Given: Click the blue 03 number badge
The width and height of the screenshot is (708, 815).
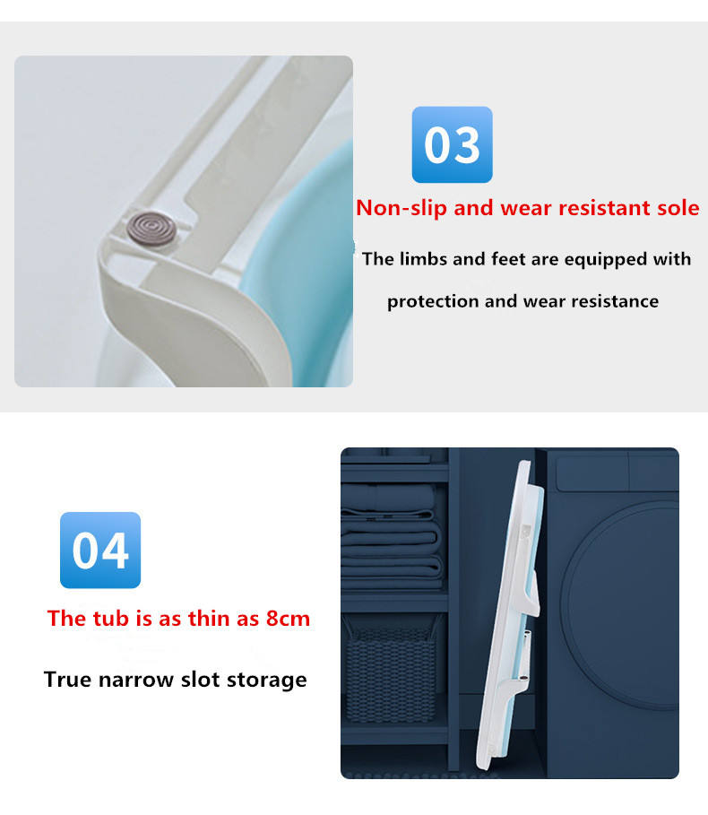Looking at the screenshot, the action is [452, 144].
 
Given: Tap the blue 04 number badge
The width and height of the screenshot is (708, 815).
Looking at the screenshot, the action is [100, 550].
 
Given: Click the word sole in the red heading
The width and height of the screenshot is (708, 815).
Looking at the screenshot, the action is [678, 208].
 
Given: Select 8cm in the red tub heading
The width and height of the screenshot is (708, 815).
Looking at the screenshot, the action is [288, 619].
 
